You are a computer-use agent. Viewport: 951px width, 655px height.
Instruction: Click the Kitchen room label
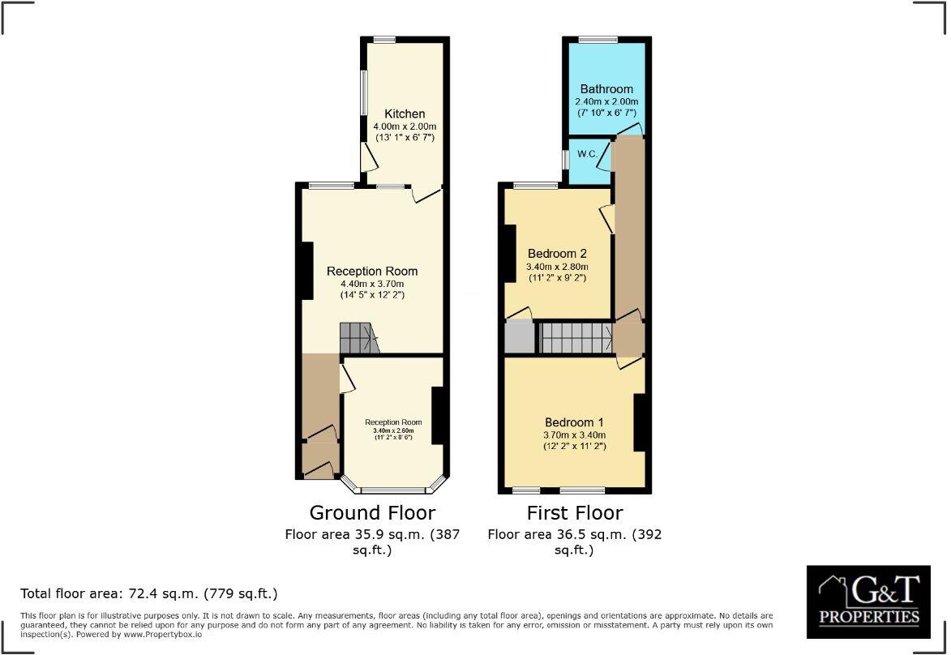[404, 114]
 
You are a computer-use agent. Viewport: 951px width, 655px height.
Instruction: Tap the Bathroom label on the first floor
[606, 89]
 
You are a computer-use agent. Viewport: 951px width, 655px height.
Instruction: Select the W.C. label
[588, 154]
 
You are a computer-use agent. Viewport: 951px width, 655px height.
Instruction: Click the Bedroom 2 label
[557, 253]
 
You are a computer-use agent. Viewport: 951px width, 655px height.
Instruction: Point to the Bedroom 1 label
[574, 422]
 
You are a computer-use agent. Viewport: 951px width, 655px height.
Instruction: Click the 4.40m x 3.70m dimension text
[372, 284]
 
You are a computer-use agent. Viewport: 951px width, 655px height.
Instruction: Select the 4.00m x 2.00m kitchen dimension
[404, 127]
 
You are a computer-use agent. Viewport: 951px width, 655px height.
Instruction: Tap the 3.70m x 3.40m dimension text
[574, 435]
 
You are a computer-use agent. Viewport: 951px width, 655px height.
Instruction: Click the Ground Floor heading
[372, 513]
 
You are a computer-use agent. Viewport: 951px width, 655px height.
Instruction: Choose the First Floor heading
[575, 513]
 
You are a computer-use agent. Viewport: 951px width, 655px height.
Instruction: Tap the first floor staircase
[576, 337]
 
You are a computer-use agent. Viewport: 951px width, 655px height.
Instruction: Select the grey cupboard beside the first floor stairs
[519, 337]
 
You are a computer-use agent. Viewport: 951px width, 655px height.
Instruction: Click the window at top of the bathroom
[598, 39]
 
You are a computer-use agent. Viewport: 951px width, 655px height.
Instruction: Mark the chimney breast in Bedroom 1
[639, 422]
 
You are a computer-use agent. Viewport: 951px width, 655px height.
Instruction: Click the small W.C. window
[565, 159]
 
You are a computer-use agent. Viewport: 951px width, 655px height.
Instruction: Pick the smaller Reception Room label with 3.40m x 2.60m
[393, 422]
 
